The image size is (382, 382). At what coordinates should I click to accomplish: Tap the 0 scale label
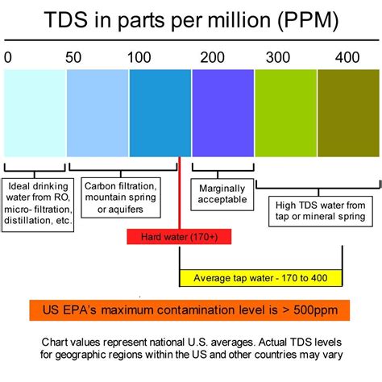click(8, 57)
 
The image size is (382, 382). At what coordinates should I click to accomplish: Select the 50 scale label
click(73, 57)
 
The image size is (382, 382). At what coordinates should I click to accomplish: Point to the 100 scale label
click(139, 57)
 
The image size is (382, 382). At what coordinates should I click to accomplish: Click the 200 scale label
click(213, 57)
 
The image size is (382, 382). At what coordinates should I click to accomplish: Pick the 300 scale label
click(278, 57)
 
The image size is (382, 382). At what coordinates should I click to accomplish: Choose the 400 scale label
click(348, 57)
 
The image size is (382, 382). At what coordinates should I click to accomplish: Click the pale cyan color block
click(35, 112)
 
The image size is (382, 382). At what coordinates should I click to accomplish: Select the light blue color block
click(97, 112)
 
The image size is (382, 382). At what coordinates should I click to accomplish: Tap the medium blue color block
click(159, 112)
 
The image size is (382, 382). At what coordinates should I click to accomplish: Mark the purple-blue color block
click(222, 112)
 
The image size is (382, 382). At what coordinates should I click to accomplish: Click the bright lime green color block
click(284, 112)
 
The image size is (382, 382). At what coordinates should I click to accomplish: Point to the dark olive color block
click(347, 112)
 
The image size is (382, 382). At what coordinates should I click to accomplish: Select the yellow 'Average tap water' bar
click(260, 278)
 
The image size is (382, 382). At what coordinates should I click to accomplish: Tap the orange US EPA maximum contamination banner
click(190, 310)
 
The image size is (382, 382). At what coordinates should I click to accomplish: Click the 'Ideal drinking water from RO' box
click(38, 202)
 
